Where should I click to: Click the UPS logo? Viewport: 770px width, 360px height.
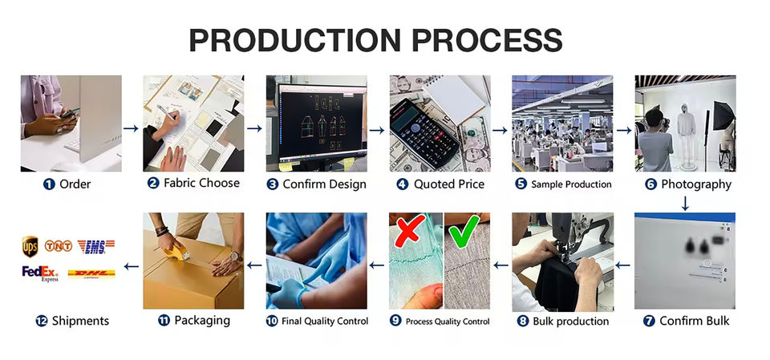point(30,247)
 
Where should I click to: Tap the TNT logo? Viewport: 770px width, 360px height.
point(59,245)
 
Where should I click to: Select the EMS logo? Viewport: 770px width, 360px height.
point(96,247)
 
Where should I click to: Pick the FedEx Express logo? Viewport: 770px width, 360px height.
point(40,273)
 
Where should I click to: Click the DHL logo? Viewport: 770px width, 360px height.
point(91,273)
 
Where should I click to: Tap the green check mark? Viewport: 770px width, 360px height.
point(464,230)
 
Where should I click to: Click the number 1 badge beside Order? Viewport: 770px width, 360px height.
point(49,184)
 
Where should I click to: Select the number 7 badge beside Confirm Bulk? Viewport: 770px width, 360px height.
point(649,322)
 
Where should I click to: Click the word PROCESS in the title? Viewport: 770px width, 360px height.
point(487,40)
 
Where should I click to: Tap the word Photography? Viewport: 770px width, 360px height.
point(696,184)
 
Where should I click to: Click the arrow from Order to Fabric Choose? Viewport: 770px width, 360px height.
point(131,128)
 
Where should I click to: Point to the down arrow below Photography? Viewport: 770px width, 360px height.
point(685,204)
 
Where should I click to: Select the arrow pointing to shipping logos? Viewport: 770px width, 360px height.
point(131,266)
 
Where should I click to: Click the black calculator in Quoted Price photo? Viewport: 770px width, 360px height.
point(425,133)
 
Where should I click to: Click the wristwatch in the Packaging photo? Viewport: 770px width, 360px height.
point(236,257)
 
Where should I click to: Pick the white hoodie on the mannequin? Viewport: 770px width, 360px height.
point(686,119)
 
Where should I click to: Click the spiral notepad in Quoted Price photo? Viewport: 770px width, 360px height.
point(454,99)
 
